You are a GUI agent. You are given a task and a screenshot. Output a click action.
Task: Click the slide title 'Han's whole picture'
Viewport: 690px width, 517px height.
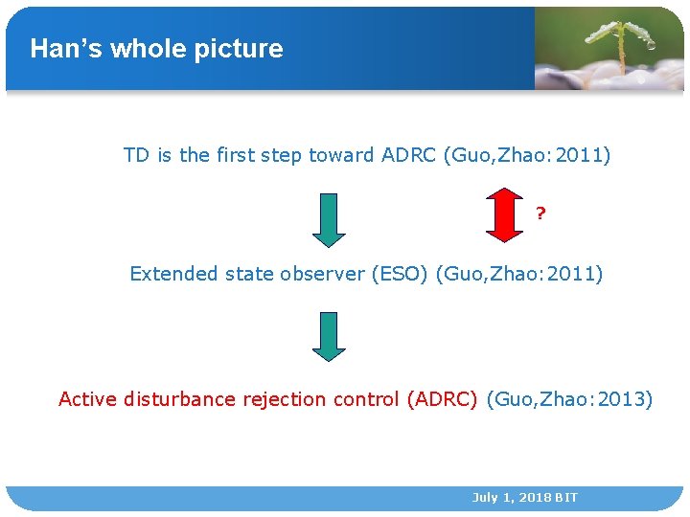[156, 49]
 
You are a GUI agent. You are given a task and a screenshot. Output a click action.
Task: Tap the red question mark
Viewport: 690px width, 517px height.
[541, 213]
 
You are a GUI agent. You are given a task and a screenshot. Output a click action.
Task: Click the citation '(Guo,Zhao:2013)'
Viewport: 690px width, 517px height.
[569, 399]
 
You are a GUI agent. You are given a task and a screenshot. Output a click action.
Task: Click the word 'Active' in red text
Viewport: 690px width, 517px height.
[88, 399]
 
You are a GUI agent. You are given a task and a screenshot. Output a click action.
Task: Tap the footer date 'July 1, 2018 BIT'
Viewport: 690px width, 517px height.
[524, 498]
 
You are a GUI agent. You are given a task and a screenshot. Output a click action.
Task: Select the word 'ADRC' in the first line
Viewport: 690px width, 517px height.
[408, 155]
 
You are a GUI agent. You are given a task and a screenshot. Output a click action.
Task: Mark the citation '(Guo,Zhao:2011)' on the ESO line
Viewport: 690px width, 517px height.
[519, 274]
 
